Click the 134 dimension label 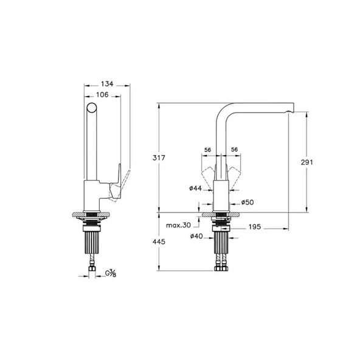click(107, 84)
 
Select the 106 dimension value click(102, 95)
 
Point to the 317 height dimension click(159, 158)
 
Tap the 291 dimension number click(306, 162)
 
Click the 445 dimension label click(159, 242)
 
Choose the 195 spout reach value click(255, 227)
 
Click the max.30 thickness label click(178, 225)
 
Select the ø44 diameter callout click(195, 189)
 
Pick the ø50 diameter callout click(247, 202)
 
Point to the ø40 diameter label click(196, 236)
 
